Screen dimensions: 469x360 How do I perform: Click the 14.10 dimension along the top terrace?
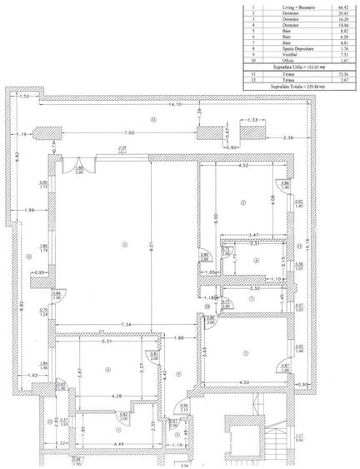(176, 105)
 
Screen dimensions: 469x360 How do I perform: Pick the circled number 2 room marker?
(242, 202)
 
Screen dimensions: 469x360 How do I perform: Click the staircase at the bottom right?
(252, 437)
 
